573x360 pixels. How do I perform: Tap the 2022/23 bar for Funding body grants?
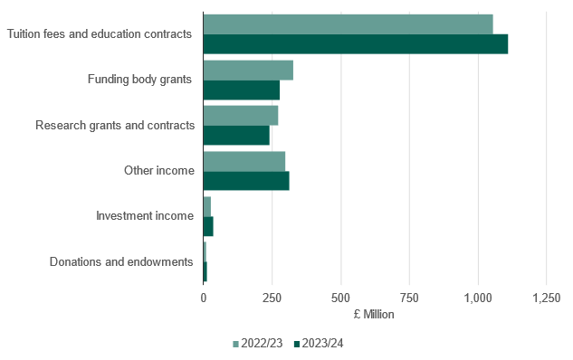tap(248, 70)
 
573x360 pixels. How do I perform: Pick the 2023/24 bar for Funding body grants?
tap(242, 90)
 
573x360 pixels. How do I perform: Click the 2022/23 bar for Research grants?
tap(241, 115)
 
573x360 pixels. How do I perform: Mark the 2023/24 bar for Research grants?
tap(236, 135)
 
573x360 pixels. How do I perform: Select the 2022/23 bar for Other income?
tap(244, 161)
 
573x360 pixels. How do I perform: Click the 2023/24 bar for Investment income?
tap(208, 226)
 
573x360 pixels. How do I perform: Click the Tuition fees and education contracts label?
tap(100, 34)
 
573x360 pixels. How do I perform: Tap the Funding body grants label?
tap(140, 80)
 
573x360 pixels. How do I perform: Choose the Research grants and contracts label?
tap(115, 125)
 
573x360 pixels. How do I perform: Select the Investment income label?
tap(145, 216)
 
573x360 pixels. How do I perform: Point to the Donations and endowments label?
tap(121, 262)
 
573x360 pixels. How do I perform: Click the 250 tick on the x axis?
tap(272, 298)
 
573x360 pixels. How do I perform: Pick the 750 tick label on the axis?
tap(409, 298)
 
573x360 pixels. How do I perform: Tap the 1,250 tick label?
tap(546, 298)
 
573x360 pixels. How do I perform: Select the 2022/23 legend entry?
tap(259, 343)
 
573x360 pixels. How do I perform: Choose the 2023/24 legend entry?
tap(318, 343)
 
